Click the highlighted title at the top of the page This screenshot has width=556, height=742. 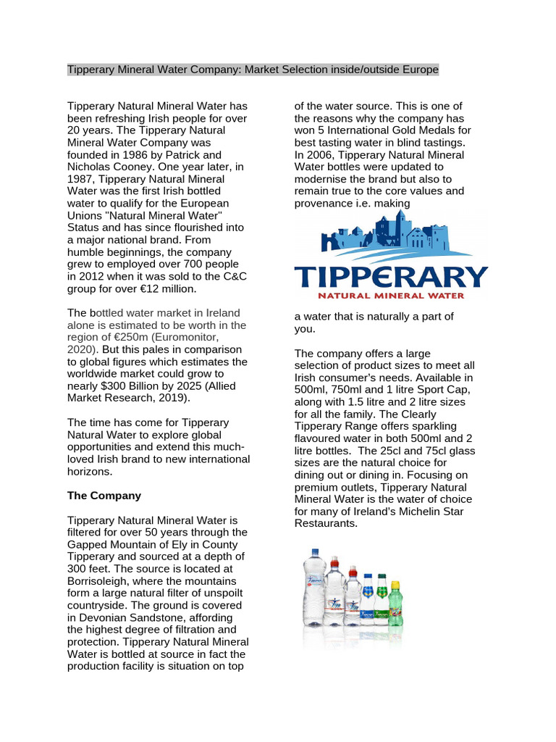pos(253,70)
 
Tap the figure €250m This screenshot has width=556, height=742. pos(126,337)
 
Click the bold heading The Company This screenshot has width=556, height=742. pos(104,496)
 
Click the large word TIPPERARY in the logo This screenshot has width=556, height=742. pos(391,276)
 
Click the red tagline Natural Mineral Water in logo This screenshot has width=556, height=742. pos(392,295)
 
